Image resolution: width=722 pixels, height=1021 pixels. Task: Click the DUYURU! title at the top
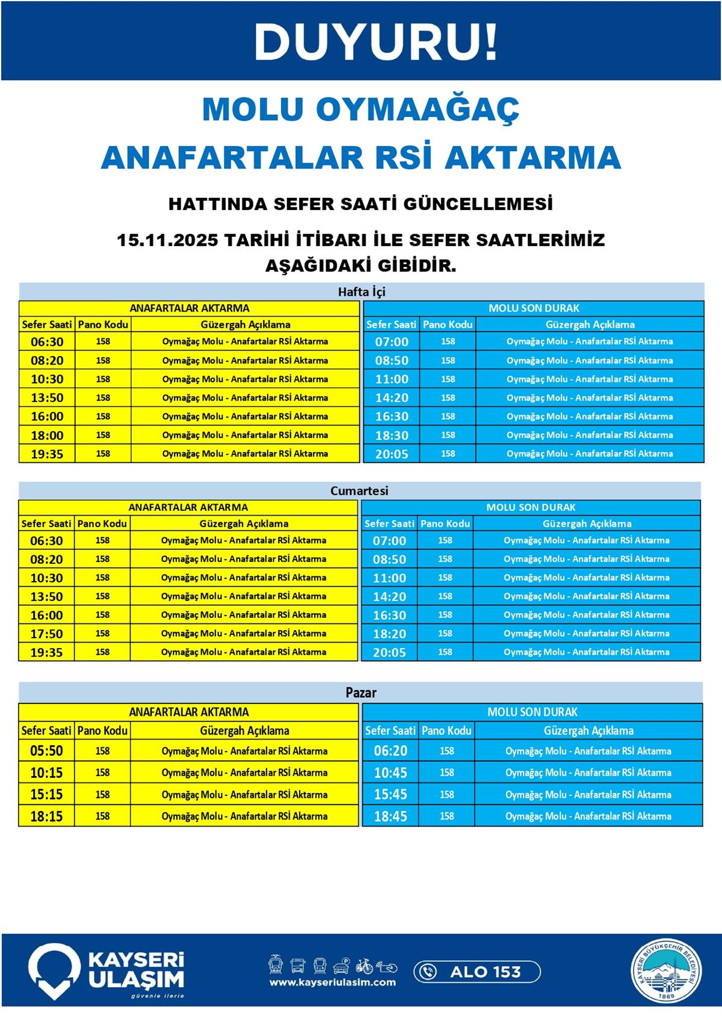(x=375, y=42)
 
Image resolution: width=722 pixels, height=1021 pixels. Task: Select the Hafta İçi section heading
(x=361, y=292)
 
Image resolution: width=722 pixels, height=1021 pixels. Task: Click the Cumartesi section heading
(x=359, y=490)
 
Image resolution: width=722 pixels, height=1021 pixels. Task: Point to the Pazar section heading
(x=360, y=692)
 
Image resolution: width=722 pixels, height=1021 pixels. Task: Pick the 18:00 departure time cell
(x=47, y=435)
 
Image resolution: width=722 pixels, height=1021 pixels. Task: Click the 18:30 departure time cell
(x=392, y=435)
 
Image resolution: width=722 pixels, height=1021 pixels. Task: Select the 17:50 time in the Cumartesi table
(x=46, y=634)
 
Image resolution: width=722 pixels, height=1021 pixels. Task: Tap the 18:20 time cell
(x=389, y=634)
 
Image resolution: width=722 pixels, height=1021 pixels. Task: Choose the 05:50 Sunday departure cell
(x=46, y=751)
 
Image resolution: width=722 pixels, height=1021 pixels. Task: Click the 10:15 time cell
(x=46, y=773)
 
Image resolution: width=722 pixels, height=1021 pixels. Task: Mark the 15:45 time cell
(x=390, y=794)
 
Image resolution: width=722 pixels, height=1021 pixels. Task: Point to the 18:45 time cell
(x=390, y=816)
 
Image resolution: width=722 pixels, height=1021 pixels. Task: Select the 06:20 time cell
(x=390, y=751)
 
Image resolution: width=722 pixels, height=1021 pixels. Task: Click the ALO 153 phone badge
(x=477, y=972)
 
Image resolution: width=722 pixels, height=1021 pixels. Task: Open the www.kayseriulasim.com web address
(x=332, y=982)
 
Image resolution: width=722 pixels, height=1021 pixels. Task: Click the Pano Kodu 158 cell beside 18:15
(x=102, y=816)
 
